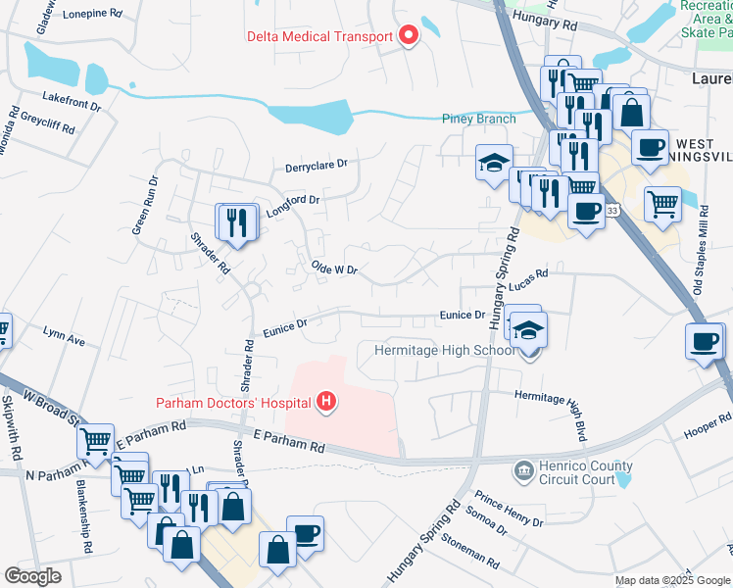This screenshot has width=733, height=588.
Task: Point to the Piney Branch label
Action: (479, 120)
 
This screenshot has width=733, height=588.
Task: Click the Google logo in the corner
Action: (33, 576)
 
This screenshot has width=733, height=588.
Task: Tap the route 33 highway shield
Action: (612, 210)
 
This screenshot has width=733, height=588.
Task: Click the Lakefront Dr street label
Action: (72, 97)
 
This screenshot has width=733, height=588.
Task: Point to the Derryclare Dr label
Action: (317, 167)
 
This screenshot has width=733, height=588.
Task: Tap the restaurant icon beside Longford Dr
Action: (236, 221)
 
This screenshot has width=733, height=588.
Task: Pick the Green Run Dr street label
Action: (146, 206)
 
